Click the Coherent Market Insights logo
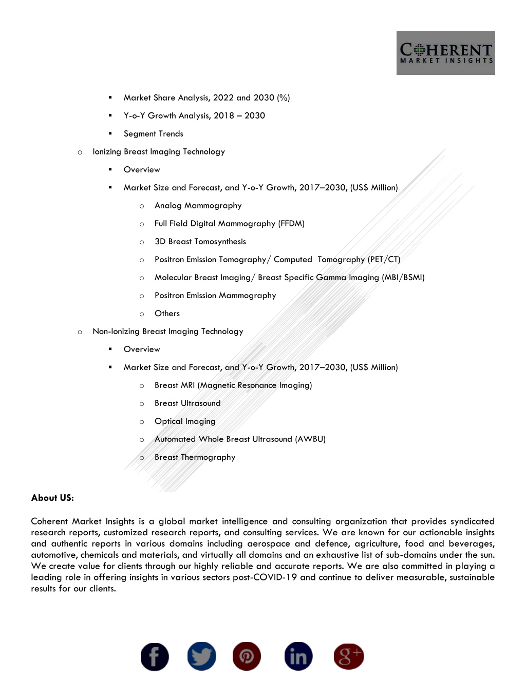tap(445, 53)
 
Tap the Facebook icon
tap(155, 657)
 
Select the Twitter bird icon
tap(201, 656)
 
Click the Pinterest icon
tap(247, 656)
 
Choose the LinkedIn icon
tap(298, 656)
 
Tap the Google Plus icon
tap(349, 656)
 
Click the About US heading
tap(52, 498)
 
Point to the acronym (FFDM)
tap(291, 224)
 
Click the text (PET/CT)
tap(384, 260)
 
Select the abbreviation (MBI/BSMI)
tap(403, 278)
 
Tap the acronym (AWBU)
tap(310, 439)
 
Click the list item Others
tap(167, 314)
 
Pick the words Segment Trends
tap(153, 134)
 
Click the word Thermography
tap(208, 457)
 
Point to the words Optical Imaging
tap(185, 421)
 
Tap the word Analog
tap(168, 206)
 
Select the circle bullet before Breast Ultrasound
tap(142, 404)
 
